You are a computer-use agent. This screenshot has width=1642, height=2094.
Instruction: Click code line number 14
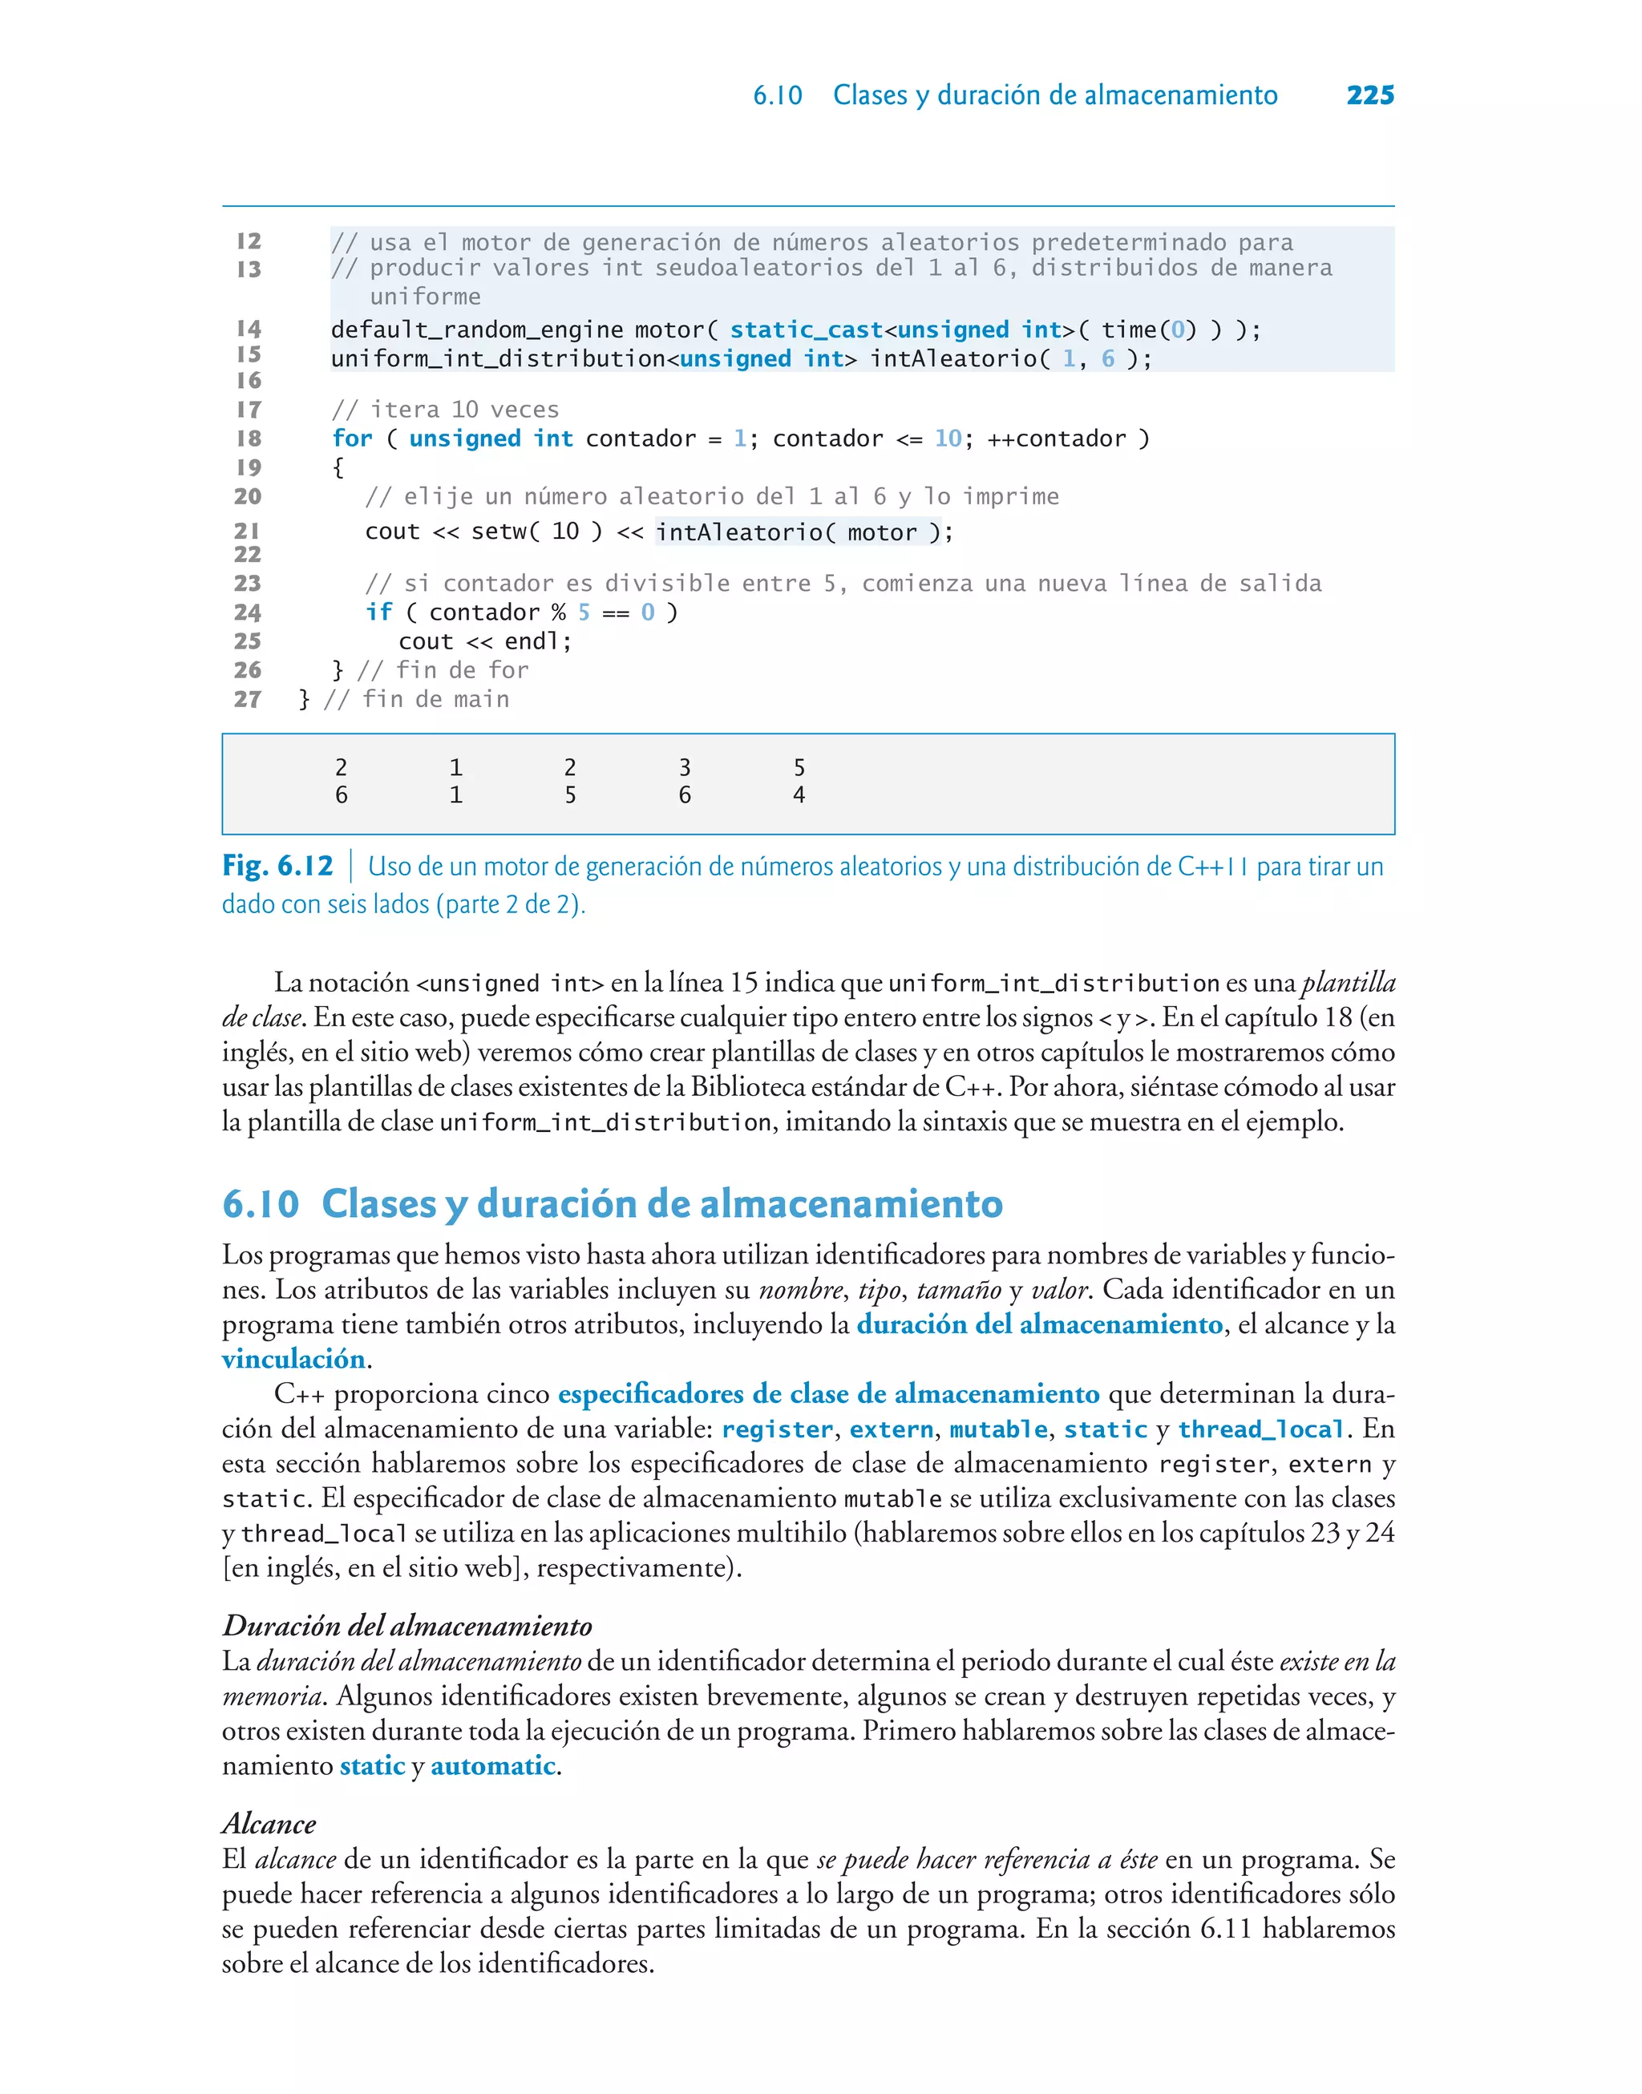click(x=249, y=329)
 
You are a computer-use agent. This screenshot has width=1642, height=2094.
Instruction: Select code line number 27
click(x=247, y=700)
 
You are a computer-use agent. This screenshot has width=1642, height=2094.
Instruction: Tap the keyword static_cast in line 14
click(x=806, y=330)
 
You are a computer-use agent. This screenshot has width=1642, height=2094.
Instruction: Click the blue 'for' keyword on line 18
click(x=352, y=439)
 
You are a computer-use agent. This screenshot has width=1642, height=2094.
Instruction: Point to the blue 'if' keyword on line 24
click(x=378, y=613)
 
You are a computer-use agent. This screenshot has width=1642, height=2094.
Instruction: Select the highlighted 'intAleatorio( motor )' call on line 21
click(x=792, y=532)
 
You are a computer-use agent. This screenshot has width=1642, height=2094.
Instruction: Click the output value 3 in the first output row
click(x=685, y=768)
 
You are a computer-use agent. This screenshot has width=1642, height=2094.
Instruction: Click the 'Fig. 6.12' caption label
click(x=277, y=867)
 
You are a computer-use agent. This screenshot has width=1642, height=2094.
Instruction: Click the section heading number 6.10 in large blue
click(x=261, y=1204)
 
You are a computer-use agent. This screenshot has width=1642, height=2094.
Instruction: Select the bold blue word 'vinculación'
click(x=293, y=1360)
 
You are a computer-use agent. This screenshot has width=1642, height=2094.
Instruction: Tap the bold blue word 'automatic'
click(x=492, y=1766)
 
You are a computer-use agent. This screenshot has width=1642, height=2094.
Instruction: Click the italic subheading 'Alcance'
click(x=269, y=1824)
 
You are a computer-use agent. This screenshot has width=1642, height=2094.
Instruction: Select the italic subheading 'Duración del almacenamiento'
click(x=406, y=1626)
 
